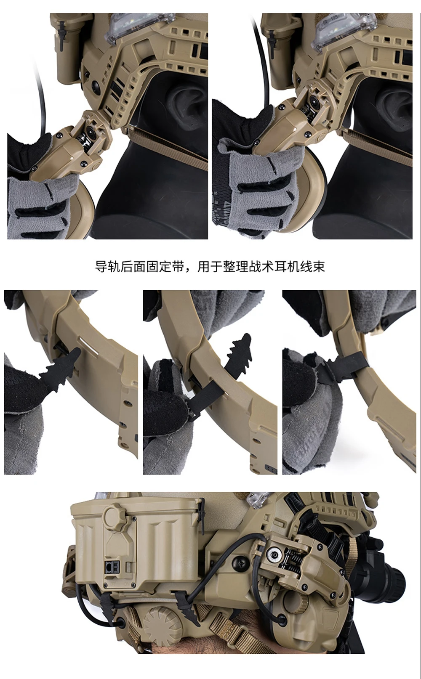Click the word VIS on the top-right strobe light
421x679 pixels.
point(334,17)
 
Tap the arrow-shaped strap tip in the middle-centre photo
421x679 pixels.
point(240,347)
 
